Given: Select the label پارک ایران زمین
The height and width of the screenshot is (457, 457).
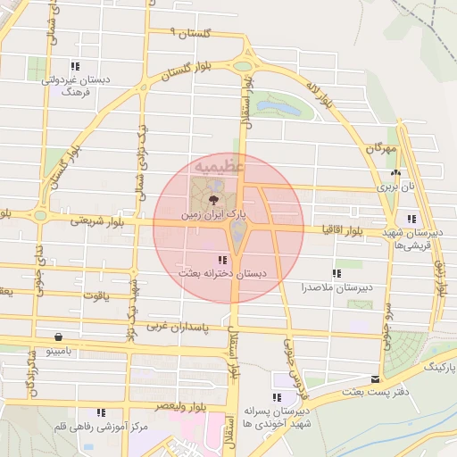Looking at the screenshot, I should pyautogui.click(x=213, y=216).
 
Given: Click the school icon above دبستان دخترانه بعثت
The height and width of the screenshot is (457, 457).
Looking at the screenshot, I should pyautogui.click(x=221, y=260).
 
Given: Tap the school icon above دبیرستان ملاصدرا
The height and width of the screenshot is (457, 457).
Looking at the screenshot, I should pyautogui.click(x=337, y=273).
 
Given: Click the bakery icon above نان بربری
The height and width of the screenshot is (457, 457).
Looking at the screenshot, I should pyautogui.click(x=395, y=172).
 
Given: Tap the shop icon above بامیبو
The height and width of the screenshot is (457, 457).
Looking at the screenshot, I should pyautogui.click(x=58, y=337).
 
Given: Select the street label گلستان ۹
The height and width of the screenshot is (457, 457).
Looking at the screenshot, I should pyautogui.click(x=190, y=33).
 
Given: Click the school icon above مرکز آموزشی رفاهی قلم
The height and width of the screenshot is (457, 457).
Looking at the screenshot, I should pyautogui.click(x=102, y=412).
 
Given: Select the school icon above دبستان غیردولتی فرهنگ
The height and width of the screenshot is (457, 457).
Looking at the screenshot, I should pyautogui.click(x=76, y=66).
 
